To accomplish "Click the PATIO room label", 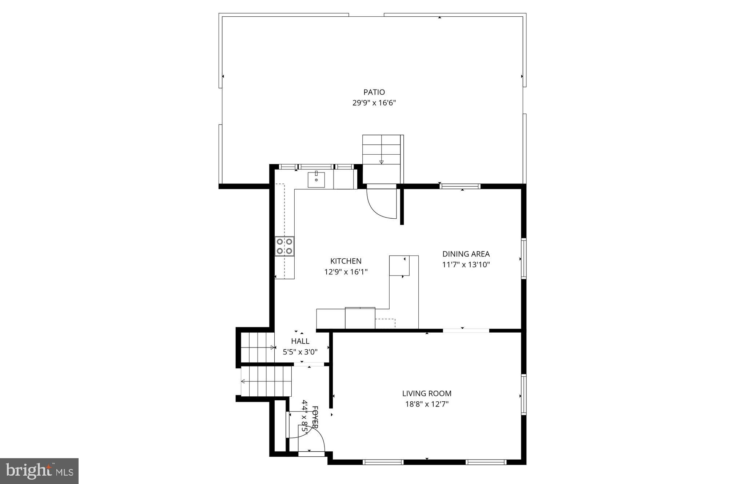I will coord(374,92).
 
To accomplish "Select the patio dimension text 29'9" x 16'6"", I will coord(374,103).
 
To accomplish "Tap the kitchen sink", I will coord(316,180).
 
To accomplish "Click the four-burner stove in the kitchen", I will coord(284,246).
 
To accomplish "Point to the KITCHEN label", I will coord(346,261).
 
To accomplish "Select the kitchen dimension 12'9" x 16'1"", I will coord(346,272).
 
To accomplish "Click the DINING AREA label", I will coord(466,254).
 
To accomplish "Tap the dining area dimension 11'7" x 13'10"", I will coord(466,265).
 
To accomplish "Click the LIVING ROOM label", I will coord(427,393).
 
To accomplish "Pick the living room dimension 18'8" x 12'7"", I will coord(427,404).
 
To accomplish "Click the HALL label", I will coord(300,341).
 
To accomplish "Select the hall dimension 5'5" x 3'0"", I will coord(300,352).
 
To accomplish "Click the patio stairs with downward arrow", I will coord(381,154).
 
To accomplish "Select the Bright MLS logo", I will coord(39,471).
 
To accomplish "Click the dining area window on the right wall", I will coord(523,258).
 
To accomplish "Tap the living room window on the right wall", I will coord(523,395).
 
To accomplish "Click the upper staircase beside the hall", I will coord(257,348).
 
